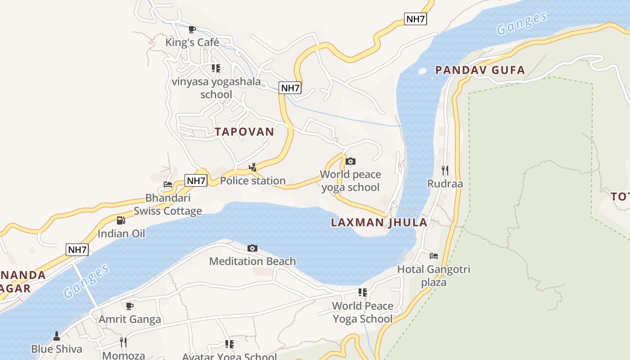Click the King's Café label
192,42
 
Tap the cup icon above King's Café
192,30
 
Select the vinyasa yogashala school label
216,88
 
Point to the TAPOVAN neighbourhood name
244,131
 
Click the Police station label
252,180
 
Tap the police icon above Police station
252,167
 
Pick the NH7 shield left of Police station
196,181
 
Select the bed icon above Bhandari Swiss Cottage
168,184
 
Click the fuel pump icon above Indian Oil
121,220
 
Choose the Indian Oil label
121,234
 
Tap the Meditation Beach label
252,261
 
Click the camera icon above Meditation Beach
252,248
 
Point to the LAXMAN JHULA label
379,222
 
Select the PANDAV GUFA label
480,70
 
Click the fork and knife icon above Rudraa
445,170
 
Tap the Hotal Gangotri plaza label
434,275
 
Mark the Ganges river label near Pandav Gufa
522,23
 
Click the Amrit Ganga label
130,319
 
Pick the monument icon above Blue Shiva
57,336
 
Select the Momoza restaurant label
124,355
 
